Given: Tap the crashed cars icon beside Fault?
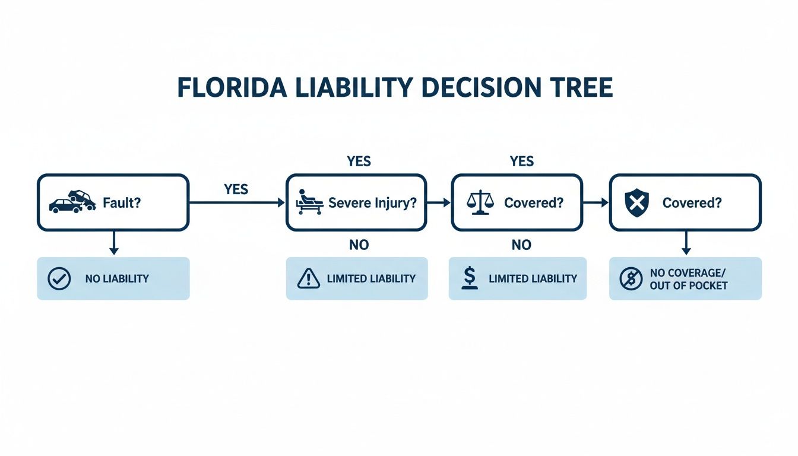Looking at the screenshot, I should click(72, 201).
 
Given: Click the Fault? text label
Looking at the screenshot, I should click(121, 202).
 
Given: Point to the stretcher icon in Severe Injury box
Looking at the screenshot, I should click(309, 202).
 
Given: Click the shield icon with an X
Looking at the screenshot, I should click(636, 202).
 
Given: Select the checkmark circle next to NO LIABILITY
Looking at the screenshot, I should click(59, 278).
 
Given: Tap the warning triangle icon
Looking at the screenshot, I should click(308, 278).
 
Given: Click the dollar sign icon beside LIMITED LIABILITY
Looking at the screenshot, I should click(470, 278).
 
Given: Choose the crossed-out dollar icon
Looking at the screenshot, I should click(631, 278).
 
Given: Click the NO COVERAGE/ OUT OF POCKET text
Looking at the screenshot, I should click(688, 278).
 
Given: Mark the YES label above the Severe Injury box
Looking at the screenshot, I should click(359, 161).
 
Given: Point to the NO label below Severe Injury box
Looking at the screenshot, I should click(359, 245).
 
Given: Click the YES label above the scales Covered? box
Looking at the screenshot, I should click(522, 161).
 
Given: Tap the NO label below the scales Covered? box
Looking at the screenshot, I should click(521, 245).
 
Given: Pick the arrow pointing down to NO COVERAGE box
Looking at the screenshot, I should click(686, 243).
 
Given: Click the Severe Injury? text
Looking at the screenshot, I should click(372, 202).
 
